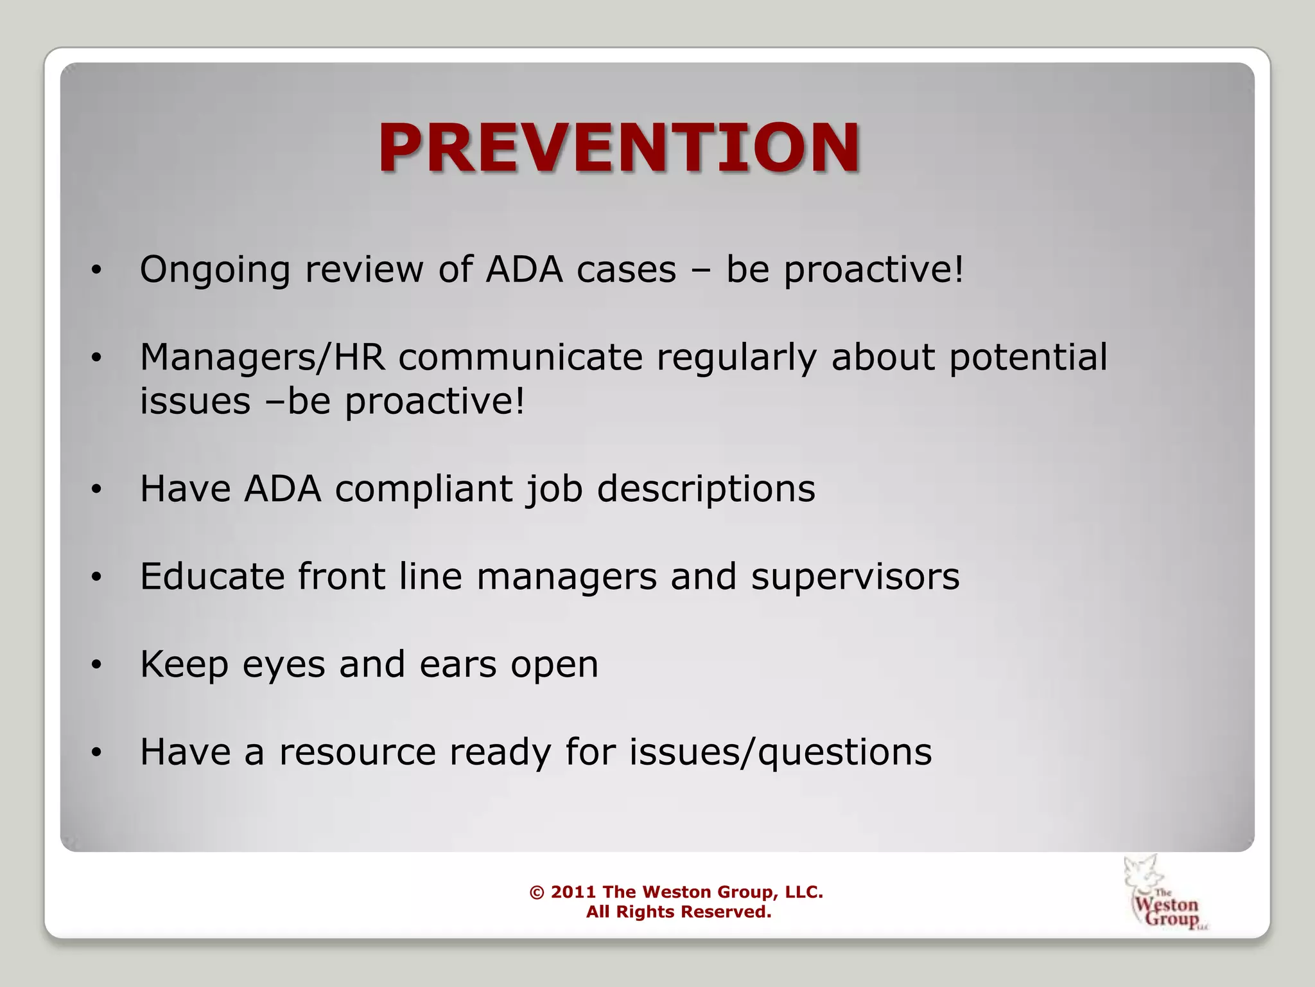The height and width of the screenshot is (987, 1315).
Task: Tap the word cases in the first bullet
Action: tap(626, 270)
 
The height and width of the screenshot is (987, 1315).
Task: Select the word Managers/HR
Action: tap(263, 358)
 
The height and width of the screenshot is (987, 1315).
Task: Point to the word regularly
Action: tap(736, 358)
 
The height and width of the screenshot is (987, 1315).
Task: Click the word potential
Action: tap(1028, 358)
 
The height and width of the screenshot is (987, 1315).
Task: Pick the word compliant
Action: tap(424, 490)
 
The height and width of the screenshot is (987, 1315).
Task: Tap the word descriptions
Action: tap(706, 490)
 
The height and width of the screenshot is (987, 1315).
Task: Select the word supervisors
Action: tap(855, 576)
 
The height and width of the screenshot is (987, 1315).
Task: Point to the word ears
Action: tap(458, 664)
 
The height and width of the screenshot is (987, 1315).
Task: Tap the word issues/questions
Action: tap(780, 752)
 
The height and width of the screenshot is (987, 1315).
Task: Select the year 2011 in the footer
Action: tap(573, 892)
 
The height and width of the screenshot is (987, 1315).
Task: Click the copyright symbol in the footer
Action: tap(537, 893)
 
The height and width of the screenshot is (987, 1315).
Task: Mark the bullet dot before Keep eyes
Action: tap(96, 664)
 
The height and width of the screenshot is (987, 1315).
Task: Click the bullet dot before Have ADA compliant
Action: tap(96, 490)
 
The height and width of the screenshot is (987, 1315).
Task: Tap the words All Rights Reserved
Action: tap(678, 912)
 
